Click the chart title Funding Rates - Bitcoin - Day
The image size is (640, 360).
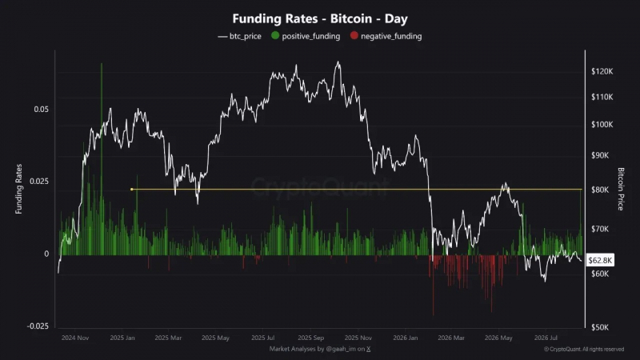pyautogui.click(x=320, y=18)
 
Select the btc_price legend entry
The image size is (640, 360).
pyautogui.click(x=239, y=36)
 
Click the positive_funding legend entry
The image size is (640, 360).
pyautogui.click(x=306, y=36)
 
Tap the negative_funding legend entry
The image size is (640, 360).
pyautogui.click(x=386, y=36)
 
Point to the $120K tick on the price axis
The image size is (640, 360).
pyautogui.click(x=602, y=71)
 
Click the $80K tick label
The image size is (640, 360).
pyautogui.click(x=600, y=190)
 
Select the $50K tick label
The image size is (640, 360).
pyautogui.click(x=600, y=327)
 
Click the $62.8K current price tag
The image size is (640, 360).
pyautogui.click(x=600, y=261)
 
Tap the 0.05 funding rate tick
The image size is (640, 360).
pyautogui.click(x=42, y=110)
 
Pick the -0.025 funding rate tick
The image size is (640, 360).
pyautogui.click(x=38, y=326)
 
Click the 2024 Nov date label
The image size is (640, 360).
pyautogui.click(x=75, y=338)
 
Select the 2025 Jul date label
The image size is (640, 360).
pyautogui.click(x=263, y=338)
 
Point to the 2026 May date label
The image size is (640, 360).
pyautogui.click(x=498, y=338)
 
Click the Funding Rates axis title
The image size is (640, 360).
pyautogui.click(x=18, y=189)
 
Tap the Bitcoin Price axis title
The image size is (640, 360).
pyautogui.click(x=621, y=189)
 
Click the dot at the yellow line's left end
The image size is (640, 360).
pyautogui.click(x=131, y=190)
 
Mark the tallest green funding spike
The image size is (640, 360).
pyautogui.click(x=102, y=159)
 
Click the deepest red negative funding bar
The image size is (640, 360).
pyautogui.click(x=433, y=286)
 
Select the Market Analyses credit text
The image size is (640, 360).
pyautogui.click(x=320, y=349)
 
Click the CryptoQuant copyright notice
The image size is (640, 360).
pyautogui.click(x=584, y=349)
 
